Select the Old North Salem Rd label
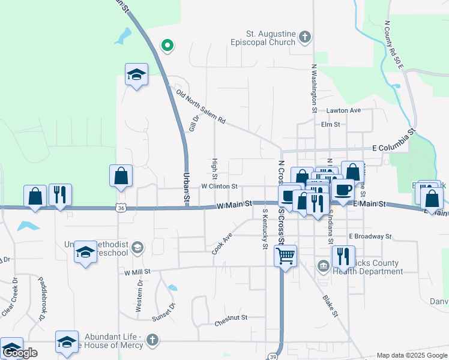(x=200, y=106)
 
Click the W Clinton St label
(x=219, y=187)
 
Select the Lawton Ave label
(x=343, y=110)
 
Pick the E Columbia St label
(x=394, y=141)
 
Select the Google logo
(x=20, y=352)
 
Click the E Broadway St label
(x=370, y=236)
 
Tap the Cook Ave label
(x=221, y=244)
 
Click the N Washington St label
(x=314, y=88)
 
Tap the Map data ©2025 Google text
(x=411, y=355)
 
